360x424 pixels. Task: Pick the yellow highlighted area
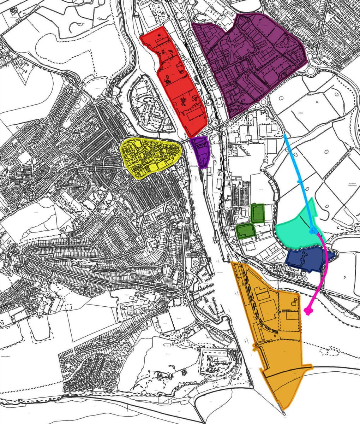(150, 157)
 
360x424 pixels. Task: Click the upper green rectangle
(258, 213)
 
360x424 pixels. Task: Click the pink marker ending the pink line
(308, 311)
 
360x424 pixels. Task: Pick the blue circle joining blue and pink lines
(313, 231)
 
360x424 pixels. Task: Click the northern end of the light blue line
(285, 135)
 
